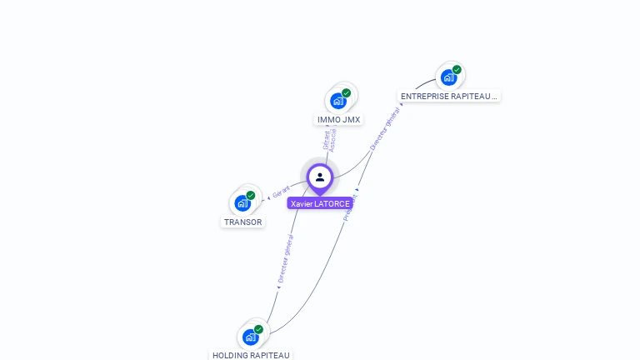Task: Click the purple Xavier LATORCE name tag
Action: click(320, 203)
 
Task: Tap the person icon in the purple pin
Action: click(320, 177)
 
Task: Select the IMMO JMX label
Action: click(338, 120)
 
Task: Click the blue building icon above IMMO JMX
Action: click(337, 101)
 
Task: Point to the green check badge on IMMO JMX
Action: click(347, 92)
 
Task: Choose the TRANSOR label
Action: click(243, 222)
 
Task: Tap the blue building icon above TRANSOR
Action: click(242, 203)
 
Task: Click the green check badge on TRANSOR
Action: click(251, 195)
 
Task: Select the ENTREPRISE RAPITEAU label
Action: click(448, 97)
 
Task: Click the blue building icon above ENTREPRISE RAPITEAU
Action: click(448, 78)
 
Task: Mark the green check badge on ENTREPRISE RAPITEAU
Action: click(457, 70)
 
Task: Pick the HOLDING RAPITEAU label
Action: click(251, 355)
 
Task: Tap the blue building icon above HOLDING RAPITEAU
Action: click(250, 337)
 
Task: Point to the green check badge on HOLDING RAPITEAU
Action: click(259, 329)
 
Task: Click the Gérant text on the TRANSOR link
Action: click(282, 192)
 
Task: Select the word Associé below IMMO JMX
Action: click(333, 140)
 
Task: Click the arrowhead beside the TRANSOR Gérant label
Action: click(268, 197)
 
